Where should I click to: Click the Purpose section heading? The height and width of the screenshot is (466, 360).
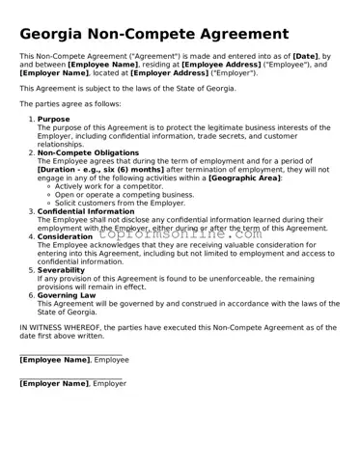tap(54, 119)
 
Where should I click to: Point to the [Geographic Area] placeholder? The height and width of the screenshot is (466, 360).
tap(244, 178)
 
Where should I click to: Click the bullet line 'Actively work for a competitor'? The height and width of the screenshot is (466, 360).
tap(109, 185)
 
